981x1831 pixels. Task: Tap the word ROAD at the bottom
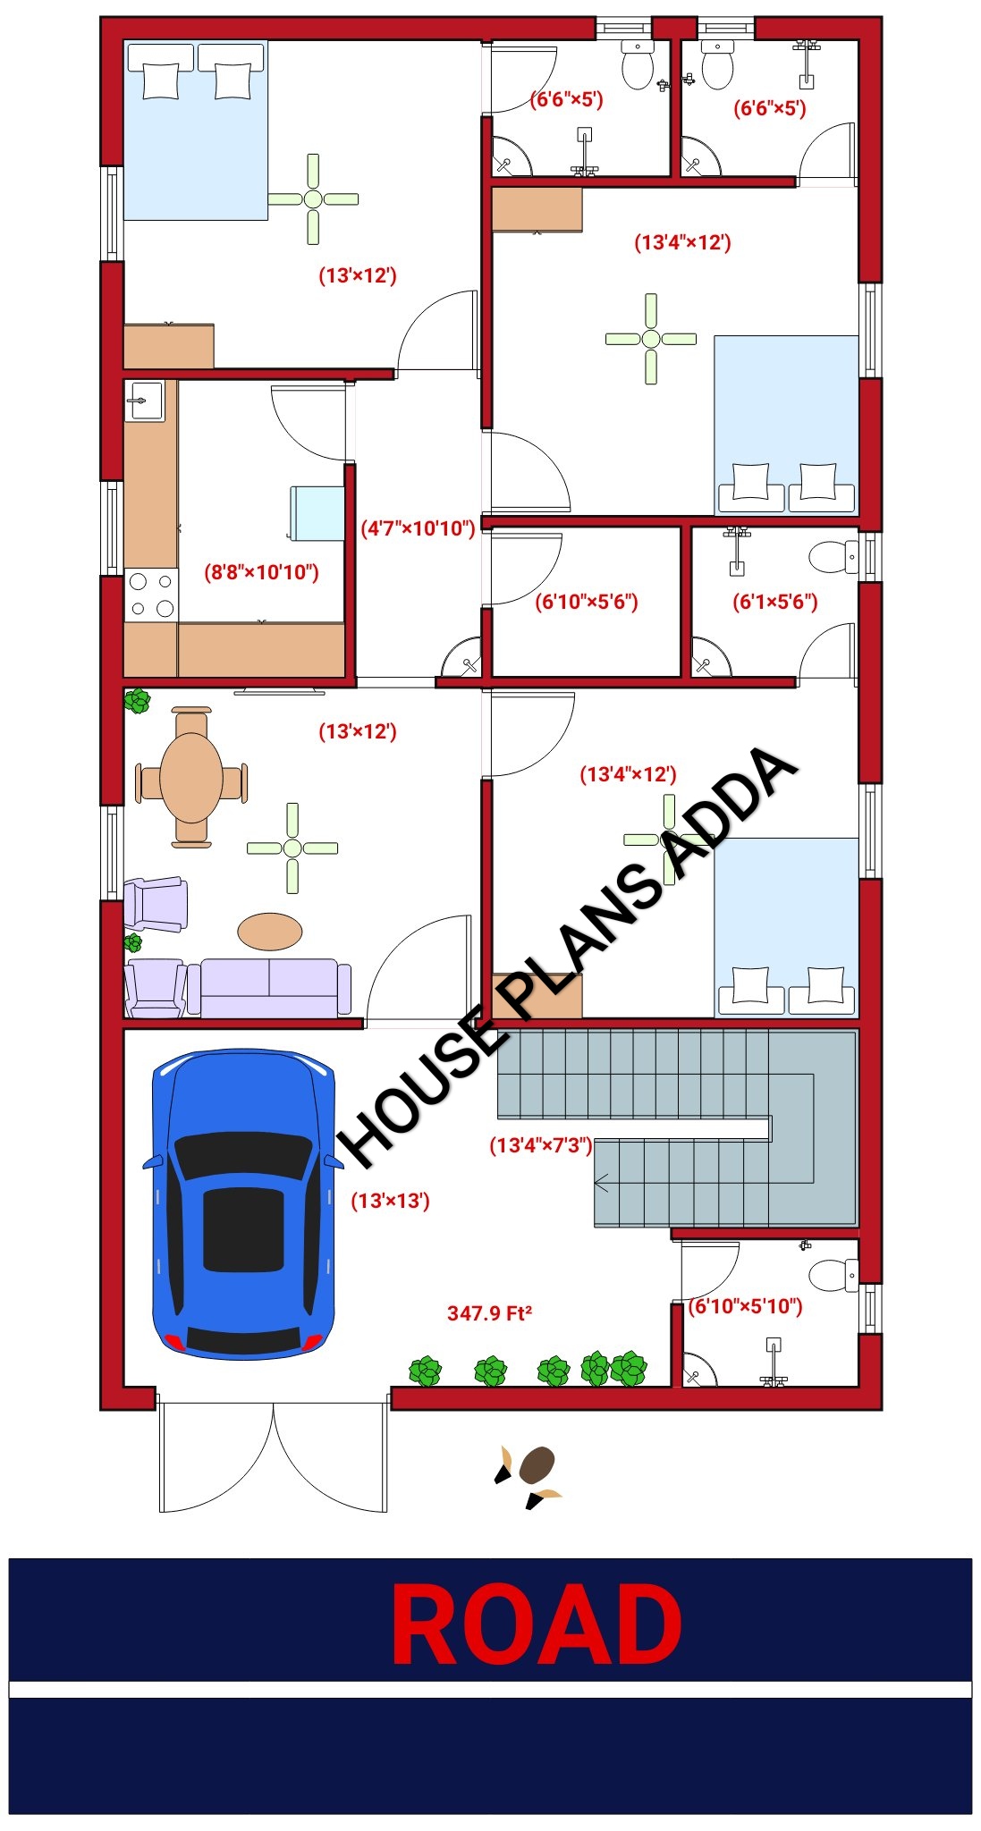click(x=537, y=1624)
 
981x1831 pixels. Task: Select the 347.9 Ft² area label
click(x=489, y=1313)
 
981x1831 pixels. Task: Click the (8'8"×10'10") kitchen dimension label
click(x=261, y=572)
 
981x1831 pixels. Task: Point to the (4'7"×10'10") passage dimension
click(x=418, y=528)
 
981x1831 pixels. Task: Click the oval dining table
click(x=191, y=777)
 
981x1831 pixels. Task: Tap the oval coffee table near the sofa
click(x=269, y=932)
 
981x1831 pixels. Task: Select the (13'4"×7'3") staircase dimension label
click(x=541, y=1145)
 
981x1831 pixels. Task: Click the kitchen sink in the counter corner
click(x=144, y=401)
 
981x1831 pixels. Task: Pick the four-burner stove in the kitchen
click(x=151, y=595)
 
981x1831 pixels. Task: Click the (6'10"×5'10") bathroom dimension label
click(x=745, y=1306)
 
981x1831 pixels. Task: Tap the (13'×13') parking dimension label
click(x=390, y=1201)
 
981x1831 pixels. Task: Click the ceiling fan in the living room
click(x=292, y=848)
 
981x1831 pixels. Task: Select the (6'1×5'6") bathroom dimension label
click(x=775, y=602)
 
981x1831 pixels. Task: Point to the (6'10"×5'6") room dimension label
click(x=587, y=602)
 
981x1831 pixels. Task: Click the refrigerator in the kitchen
click(x=317, y=513)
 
